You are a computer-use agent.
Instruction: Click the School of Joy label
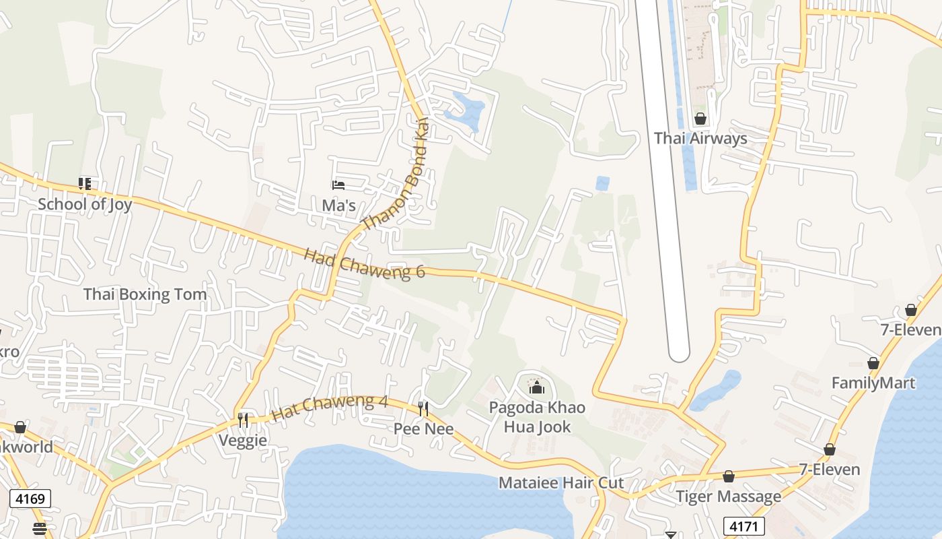[x=85, y=204]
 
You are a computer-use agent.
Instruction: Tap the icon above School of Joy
[x=85, y=183]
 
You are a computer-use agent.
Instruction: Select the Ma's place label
[x=338, y=205]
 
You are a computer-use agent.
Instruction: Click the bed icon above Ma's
[x=338, y=185]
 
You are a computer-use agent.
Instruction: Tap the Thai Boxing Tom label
[x=145, y=294]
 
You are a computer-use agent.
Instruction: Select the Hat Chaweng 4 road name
[x=330, y=408]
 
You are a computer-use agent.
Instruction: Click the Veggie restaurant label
[x=243, y=441]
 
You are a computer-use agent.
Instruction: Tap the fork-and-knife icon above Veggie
[x=243, y=420]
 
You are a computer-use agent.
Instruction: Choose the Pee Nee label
[x=423, y=429]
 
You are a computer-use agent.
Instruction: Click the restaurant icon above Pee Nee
[x=423, y=408]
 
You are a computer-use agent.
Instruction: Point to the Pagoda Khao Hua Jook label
[x=537, y=417]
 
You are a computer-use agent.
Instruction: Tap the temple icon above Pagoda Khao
[x=537, y=387]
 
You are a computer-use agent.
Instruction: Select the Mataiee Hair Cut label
[x=561, y=483]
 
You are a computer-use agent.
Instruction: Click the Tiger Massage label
[x=729, y=497]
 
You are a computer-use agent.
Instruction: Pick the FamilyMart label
[x=873, y=383]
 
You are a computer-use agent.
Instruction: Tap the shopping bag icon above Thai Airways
[x=700, y=119]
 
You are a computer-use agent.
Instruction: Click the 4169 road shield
[x=30, y=499]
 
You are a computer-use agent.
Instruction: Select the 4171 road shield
[x=744, y=526]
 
